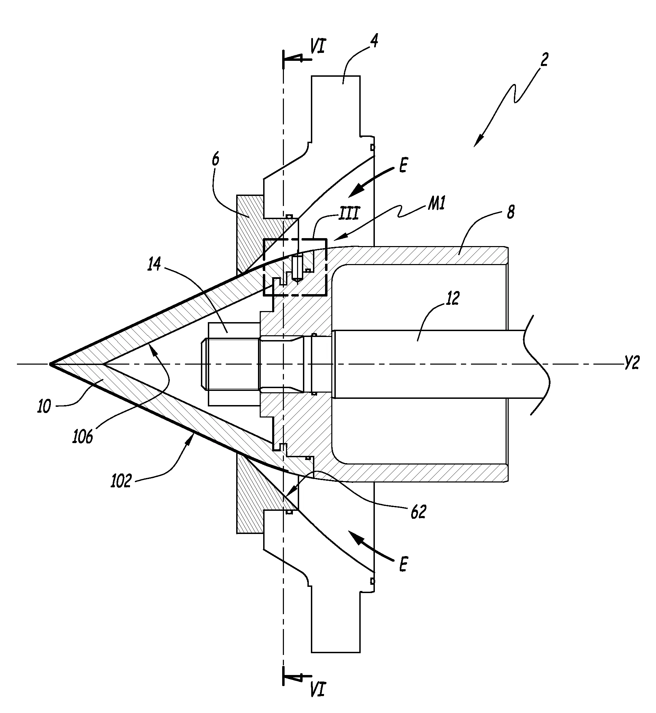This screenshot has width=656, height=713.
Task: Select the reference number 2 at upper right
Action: click(544, 59)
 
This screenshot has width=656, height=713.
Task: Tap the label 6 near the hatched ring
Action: click(215, 160)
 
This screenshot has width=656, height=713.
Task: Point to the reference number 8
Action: click(510, 212)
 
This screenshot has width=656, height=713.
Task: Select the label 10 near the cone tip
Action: click(44, 406)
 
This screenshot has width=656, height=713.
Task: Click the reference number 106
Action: click(82, 436)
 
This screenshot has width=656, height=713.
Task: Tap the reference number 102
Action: click(121, 481)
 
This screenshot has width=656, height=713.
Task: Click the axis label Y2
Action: click(631, 364)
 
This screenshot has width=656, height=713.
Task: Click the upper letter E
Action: click(403, 166)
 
